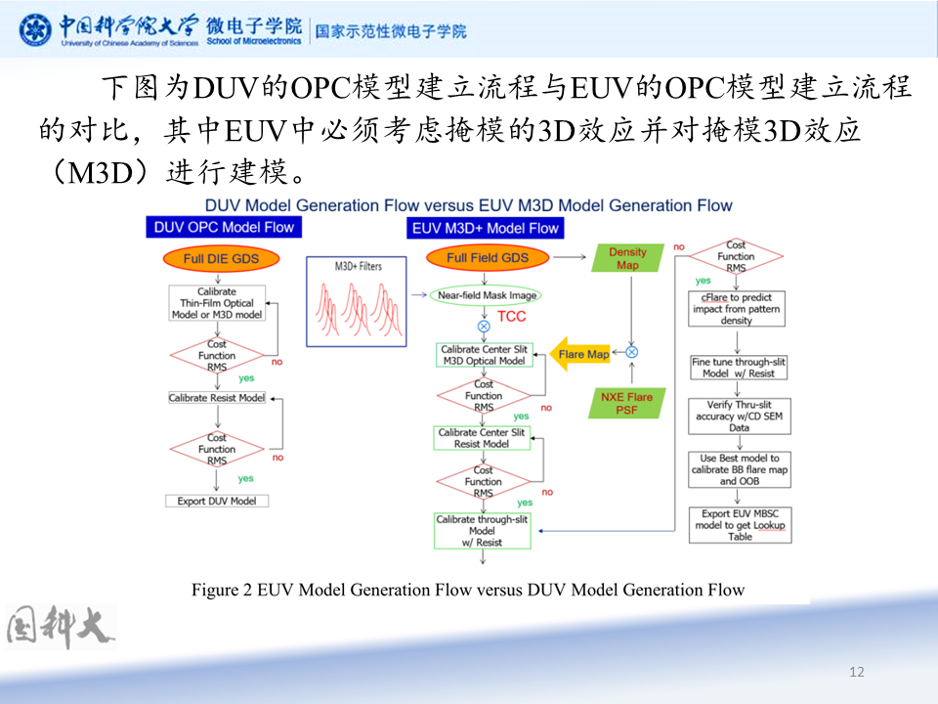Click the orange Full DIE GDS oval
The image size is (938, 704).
(221, 259)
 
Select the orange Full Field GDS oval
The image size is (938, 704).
(487, 258)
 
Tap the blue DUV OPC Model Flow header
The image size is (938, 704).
(223, 228)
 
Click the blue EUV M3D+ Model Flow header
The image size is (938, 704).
(486, 228)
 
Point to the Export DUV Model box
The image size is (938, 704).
(217, 501)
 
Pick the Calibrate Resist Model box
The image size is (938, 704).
(217, 398)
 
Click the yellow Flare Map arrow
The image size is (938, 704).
(580, 354)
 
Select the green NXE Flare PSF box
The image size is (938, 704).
(627, 403)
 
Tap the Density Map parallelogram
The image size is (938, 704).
(627, 258)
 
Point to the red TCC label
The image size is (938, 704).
(511, 317)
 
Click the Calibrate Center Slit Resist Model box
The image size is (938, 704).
(482, 438)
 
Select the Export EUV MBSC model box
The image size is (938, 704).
(740, 525)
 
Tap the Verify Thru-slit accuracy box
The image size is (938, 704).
(740, 416)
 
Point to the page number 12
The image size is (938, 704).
(857, 672)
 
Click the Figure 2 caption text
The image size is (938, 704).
(468, 590)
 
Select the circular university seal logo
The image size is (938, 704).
(36, 29)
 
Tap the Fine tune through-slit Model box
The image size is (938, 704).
(739, 368)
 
